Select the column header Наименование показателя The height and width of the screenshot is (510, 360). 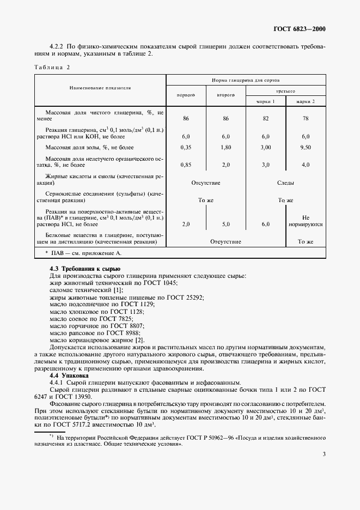(100, 87)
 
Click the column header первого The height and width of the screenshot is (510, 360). (186, 95)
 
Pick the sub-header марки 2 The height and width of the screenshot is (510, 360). (305, 101)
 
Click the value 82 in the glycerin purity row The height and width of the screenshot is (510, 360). (265, 118)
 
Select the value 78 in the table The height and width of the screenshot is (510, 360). (306, 118)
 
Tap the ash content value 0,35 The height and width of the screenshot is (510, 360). (186, 147)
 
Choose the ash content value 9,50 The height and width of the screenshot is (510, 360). (306, 147)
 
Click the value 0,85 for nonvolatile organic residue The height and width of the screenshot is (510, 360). (186, 164)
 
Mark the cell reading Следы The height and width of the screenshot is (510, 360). (285, 183)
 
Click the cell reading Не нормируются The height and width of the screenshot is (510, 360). (306, 220)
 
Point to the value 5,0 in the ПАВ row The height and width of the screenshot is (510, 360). (225, 224)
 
